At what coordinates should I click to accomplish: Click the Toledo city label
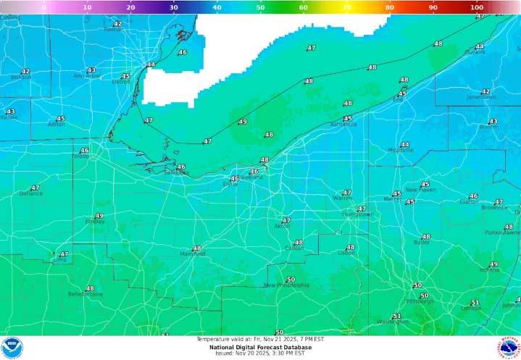point(80,156)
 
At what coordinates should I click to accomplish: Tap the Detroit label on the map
point(121,82)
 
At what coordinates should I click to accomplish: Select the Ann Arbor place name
point(87,76)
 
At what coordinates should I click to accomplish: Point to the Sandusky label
point(176,172)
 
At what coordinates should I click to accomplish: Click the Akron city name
point(282,226)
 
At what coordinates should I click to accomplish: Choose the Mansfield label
point(193,254)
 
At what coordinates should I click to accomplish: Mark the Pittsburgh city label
point(420,301)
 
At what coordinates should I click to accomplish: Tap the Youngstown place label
point(357,215)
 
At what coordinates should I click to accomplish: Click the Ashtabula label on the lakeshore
point(343,125)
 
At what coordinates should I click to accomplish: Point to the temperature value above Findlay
point(99,216)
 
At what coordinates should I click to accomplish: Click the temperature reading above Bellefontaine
point(90,288)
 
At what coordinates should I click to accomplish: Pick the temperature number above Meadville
point(404,145)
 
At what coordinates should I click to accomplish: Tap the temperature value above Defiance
point(35,188)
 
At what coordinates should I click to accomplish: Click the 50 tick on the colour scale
point(260,7)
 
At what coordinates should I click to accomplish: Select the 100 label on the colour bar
point(476,7)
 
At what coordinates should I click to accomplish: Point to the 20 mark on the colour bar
point(130,7)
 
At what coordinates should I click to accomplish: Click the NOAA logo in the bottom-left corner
point(12,347)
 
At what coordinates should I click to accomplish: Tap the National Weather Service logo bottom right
point(509,347)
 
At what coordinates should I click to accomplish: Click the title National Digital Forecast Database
point(260,347)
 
